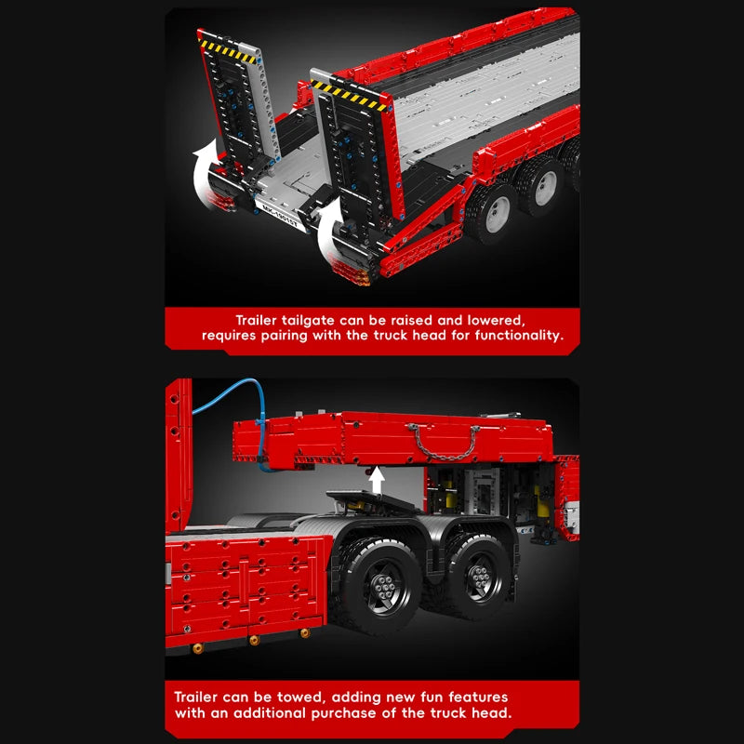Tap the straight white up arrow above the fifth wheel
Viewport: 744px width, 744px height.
click(377, 480)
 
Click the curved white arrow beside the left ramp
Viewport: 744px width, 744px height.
click(206, 173)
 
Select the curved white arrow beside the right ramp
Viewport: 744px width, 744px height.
click(330, 231)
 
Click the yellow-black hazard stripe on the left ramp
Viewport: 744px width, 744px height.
click(228, 51)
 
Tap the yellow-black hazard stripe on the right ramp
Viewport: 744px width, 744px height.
click(348, 96)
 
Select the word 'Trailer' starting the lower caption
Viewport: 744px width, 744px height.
click(195, 697)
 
